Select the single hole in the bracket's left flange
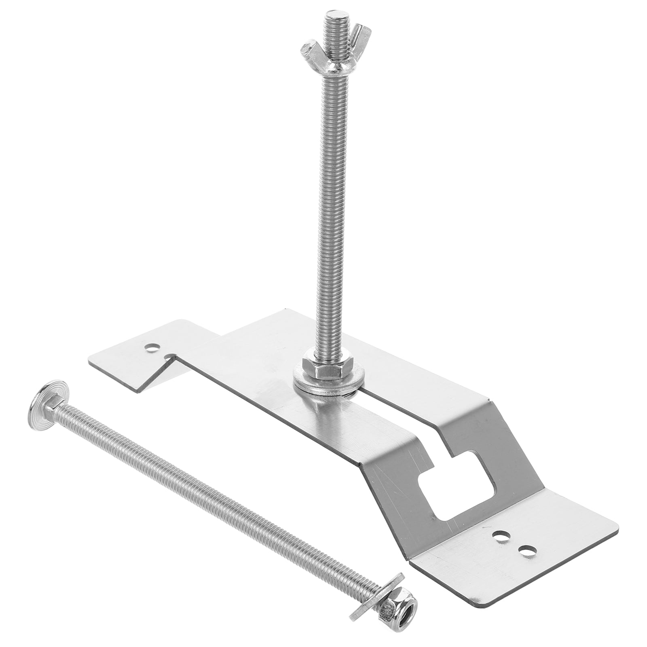pos(152,347)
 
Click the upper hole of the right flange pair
pos(501,536)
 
